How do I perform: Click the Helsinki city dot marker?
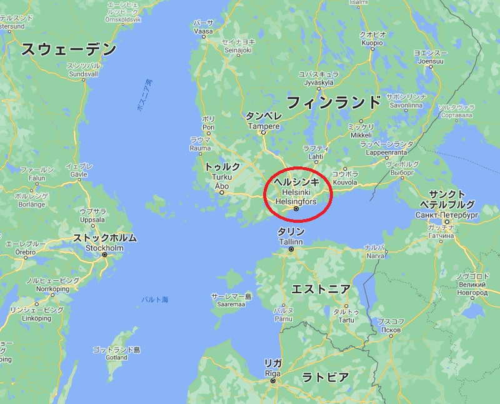pos(296,210)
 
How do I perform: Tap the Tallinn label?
pos(291,241)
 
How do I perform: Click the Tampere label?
pos(262,125)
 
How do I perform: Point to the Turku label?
pos(221,178)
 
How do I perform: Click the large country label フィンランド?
pos(333,102)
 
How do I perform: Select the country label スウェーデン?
pos(69,49)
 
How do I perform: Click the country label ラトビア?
pos(325,377)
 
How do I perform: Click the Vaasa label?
pos(203,31)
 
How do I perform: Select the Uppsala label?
pos(93,221)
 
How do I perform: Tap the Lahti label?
pos(315,156)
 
